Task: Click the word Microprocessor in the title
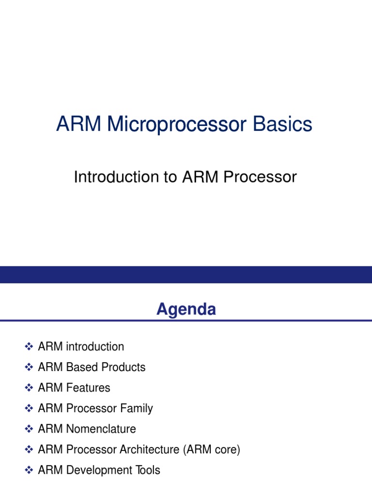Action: pyautogui.click(x=176, y=124)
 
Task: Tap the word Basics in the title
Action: pyautogui.click(x=282, y=124)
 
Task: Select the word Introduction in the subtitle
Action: pyautogui.click(x=117, y=176)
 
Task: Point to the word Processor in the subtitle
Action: pyautogui.click(x=260, y=176)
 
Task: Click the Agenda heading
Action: pyautogui.click(x=186, y=310)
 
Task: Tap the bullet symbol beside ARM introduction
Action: pyautogui.click(x=29, y=346)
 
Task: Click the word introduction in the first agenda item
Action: pyautogui.click(x=95, y=346)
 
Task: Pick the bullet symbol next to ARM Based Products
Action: pyautogui.click(x=29, y=367)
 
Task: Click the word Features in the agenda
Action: pyautogui.click(x=88, y=387)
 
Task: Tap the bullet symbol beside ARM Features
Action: pyautogui.click(x=29, y=387)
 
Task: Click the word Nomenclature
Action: pyautogui.click(x=101, y=429)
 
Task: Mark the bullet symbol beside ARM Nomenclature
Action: pyautogui.click(x=29, y=429)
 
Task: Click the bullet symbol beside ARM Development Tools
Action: pyautogui.click(x=29, y=470)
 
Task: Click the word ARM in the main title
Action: pyautogui.click(x=79, y=124)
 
